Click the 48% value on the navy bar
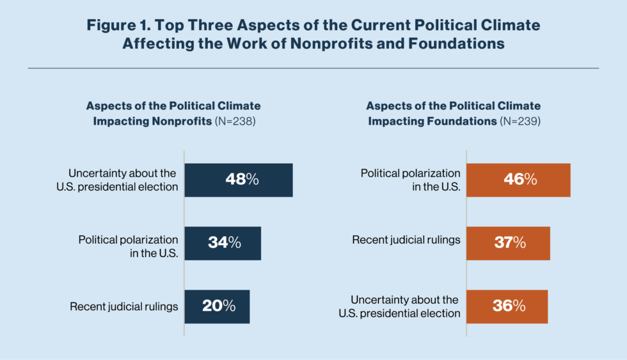point(242,180)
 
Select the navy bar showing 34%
point(223,243)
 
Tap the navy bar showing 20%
point(218,306)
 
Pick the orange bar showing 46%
point(518,180)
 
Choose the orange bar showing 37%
point(508,243)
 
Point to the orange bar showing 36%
point(507,306)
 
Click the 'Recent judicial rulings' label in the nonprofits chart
point(123,306)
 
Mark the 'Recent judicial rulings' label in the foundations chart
point(406,240)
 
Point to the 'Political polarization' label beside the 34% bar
point(128,240)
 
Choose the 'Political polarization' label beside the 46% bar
point(410,173)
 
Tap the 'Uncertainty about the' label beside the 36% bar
point(404,300)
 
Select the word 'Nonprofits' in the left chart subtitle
point(180,121)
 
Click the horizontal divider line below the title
point(313,68)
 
